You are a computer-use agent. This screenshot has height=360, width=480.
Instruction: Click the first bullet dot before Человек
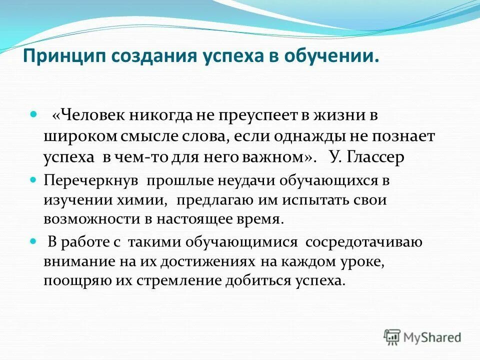(x=34, y=115)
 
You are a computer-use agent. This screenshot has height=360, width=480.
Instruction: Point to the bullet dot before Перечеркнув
(x=34, y=179)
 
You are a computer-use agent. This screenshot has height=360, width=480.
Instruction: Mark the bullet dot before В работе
(x=34, y=240)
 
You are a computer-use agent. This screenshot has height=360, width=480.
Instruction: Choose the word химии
(x=131, y=199)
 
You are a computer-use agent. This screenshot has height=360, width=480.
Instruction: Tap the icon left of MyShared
(x=392, y=336)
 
